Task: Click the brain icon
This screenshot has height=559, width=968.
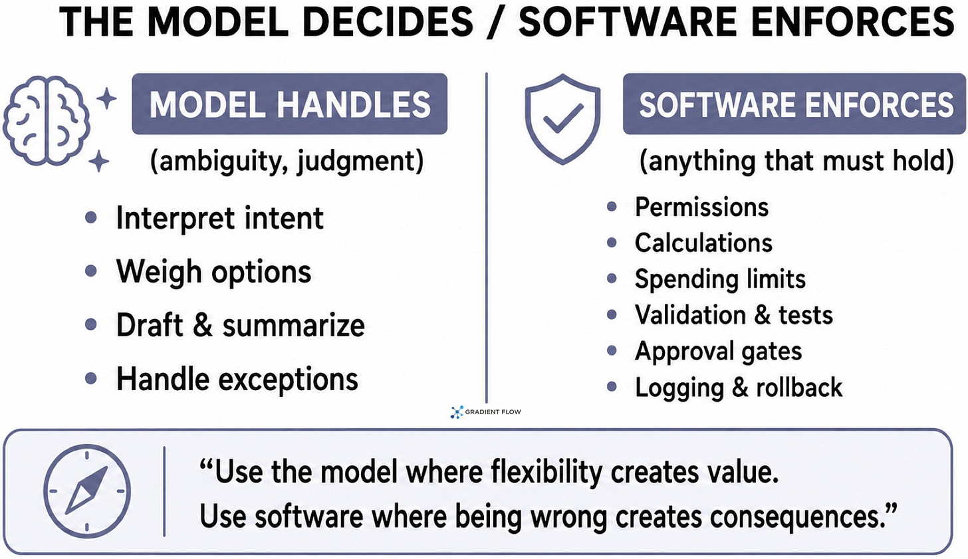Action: click(47, 121)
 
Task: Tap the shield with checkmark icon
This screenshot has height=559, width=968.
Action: click(562, 119)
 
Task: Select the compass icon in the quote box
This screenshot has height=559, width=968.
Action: click(87, 491)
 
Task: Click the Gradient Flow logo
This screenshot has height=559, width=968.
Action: click(485, 412)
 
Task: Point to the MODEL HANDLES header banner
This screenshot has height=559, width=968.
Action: click(290, 104)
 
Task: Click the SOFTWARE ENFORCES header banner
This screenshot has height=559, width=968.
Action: click(794, 104)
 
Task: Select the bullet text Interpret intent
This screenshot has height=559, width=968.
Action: click(220, 218)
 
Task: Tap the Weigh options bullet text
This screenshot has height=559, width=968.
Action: click(214, 272)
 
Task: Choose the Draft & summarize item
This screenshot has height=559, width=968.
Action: click(241, 325)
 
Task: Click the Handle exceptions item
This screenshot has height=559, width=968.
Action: click(237, 380)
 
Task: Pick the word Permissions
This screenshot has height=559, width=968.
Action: click(702, 207)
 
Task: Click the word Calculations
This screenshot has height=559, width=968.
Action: click(703, 243)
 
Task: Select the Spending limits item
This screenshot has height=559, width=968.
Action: click(721, 279)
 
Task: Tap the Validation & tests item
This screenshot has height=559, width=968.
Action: click(734, 315)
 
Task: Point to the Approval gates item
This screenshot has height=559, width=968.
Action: click(718, 351)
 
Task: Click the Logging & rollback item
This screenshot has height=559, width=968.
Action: click(739, 388)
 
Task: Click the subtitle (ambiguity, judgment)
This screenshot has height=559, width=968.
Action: click(287, 161)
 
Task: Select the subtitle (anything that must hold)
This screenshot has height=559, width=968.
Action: click(796, 161)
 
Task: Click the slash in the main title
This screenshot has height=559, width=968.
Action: click(496, 21)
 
